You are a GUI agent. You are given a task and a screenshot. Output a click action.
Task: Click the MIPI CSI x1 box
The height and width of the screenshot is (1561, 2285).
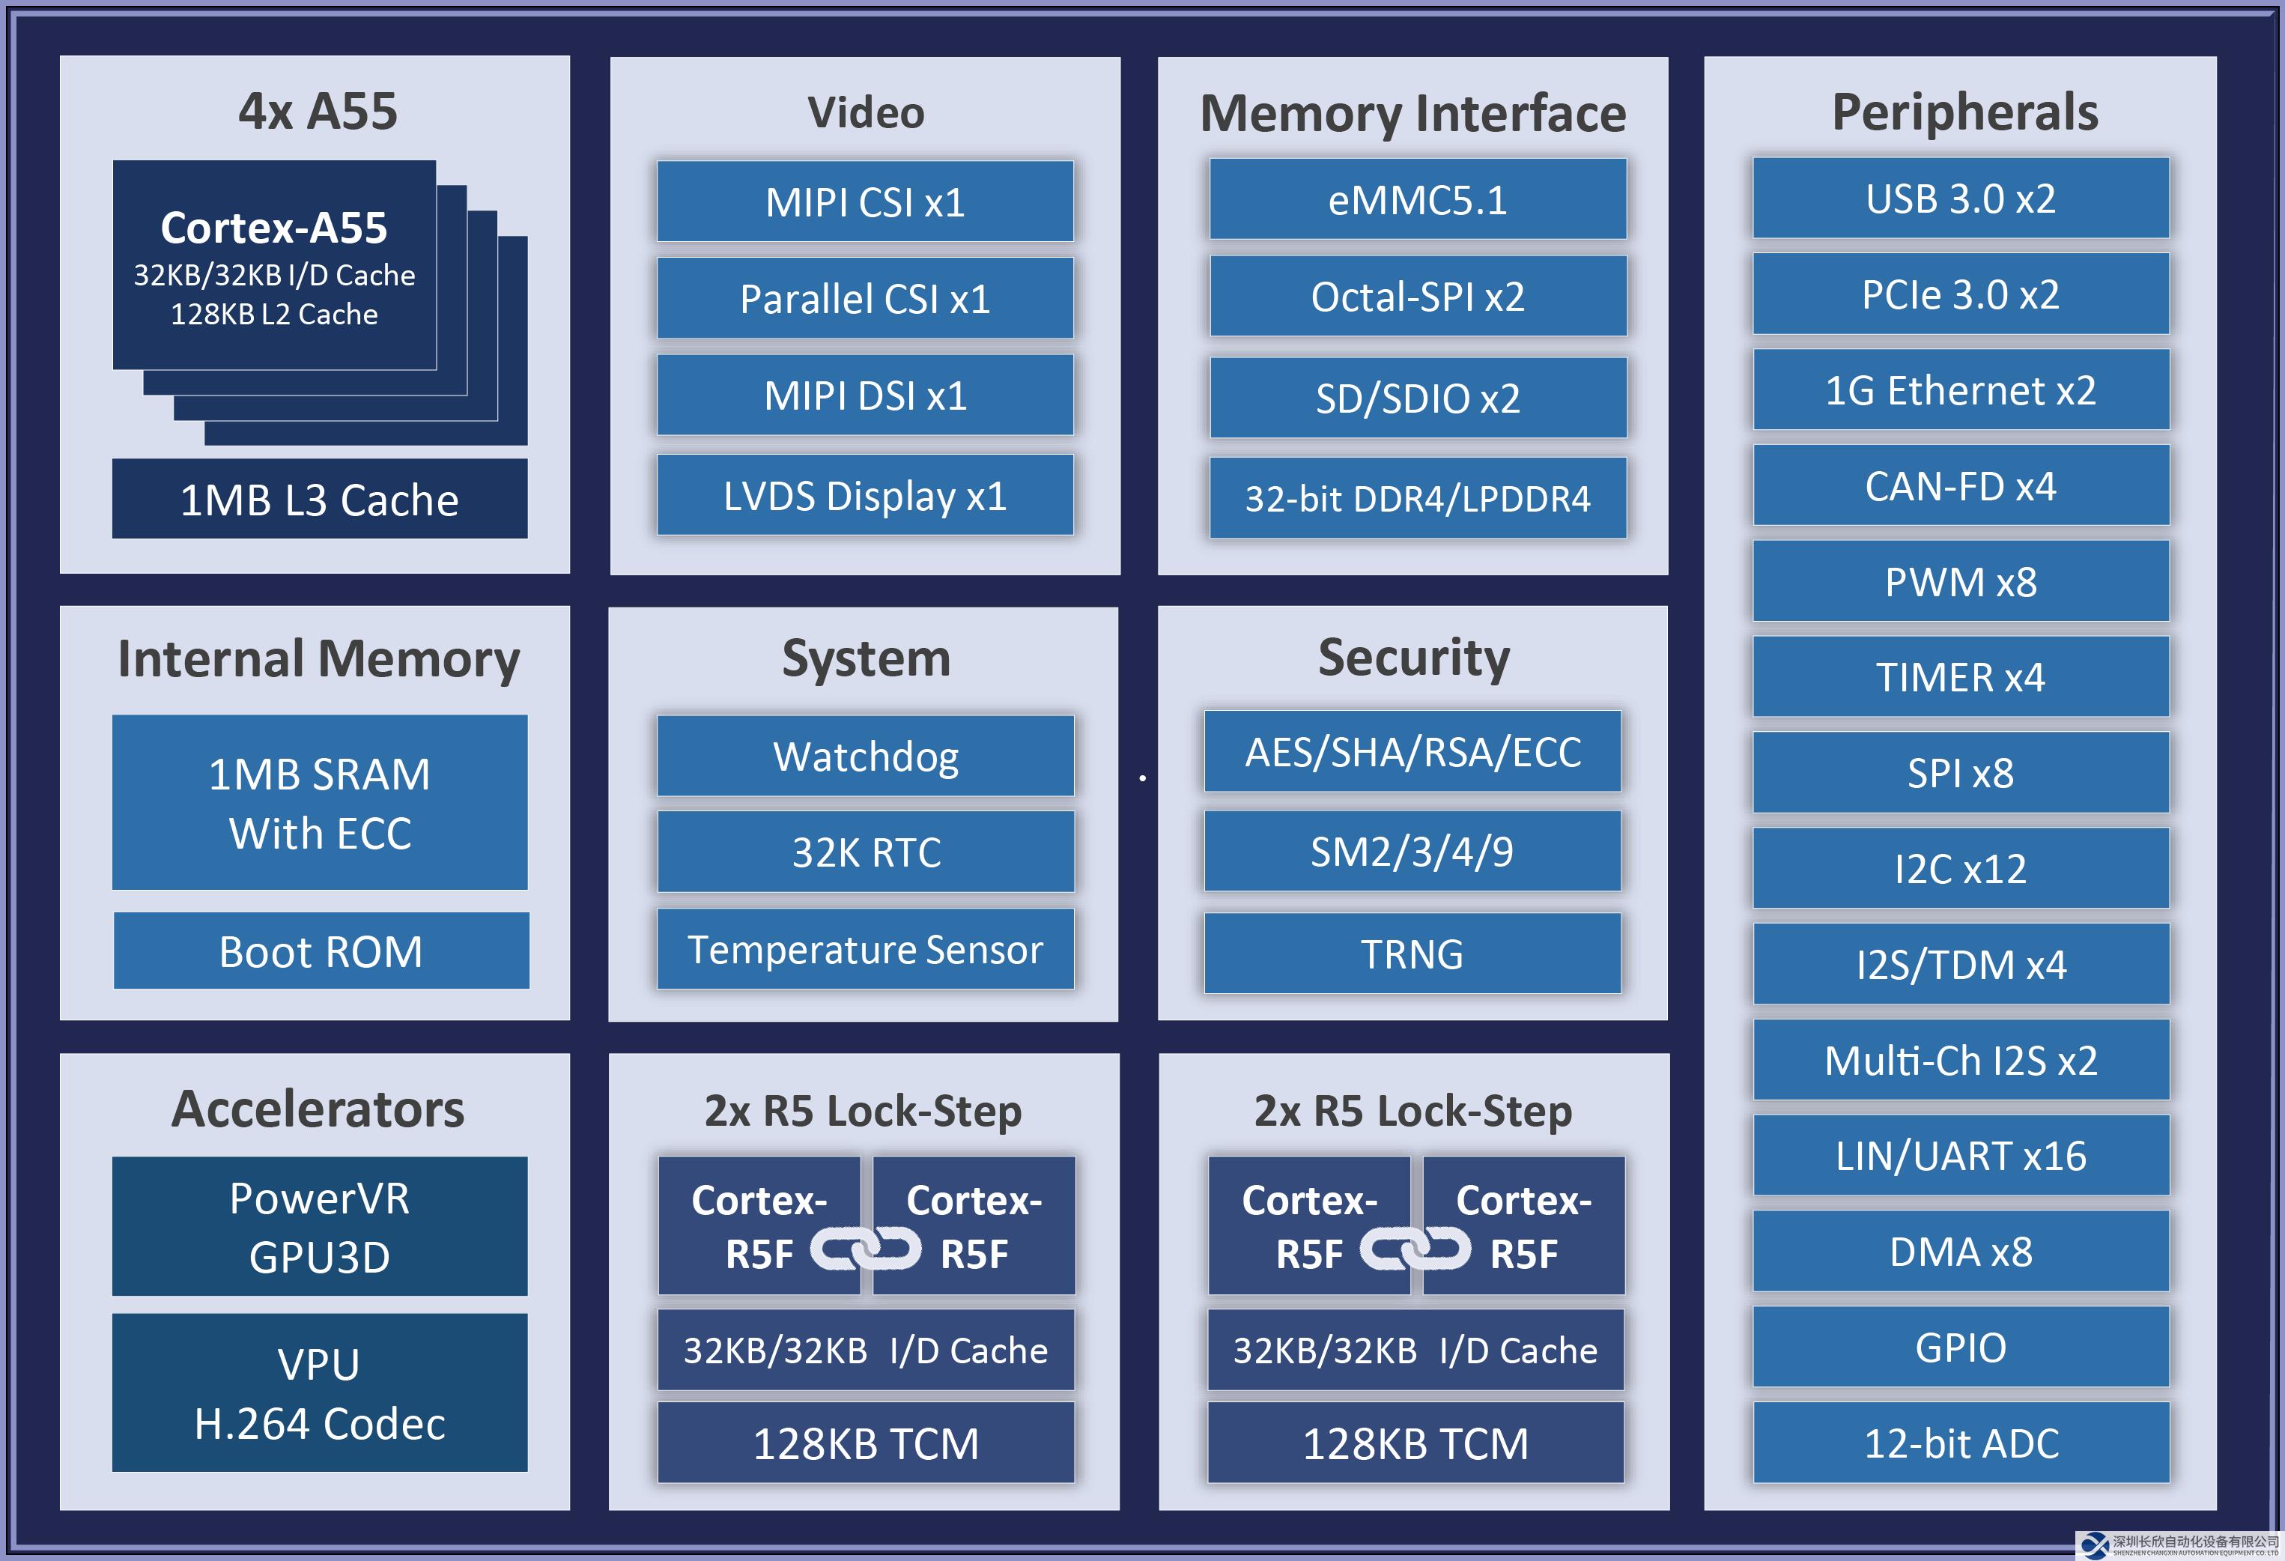865,201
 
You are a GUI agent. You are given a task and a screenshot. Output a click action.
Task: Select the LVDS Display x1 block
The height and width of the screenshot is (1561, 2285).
865,495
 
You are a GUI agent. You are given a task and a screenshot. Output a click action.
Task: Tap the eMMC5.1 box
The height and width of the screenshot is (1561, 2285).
1418,200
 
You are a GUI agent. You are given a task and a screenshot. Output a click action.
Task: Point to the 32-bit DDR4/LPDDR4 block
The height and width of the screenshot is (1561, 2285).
1418,497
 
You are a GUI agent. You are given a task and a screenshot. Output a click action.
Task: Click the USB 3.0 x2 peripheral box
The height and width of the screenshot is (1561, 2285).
1961,198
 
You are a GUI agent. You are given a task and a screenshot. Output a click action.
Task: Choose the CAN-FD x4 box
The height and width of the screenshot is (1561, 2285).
1961,485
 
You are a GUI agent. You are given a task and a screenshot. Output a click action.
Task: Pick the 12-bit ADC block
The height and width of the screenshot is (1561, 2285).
1961,1442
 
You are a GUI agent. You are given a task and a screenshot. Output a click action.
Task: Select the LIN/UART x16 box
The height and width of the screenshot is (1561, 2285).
1961,1155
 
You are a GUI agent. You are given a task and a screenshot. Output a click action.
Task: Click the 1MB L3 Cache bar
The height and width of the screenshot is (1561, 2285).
320,499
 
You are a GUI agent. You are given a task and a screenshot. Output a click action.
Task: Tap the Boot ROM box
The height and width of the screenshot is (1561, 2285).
321,951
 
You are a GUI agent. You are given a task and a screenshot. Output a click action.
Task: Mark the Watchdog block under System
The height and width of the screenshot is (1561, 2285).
865,756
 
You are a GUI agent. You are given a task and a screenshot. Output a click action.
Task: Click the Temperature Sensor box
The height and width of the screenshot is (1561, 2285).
865,949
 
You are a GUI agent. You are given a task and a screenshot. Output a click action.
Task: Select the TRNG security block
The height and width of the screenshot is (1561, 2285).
1412,953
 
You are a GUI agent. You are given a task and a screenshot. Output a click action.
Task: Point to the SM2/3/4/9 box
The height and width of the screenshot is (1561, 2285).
1412,851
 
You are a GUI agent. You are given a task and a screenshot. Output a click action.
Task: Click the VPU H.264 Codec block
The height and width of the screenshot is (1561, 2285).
320,1392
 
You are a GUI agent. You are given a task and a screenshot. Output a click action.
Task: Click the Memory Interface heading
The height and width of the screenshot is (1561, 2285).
1413,113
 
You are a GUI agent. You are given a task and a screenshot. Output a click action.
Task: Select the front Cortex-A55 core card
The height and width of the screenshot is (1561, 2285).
274,264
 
